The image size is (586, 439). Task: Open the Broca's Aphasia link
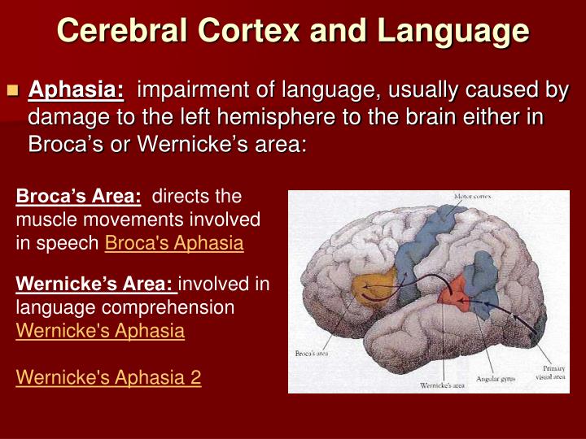coord(174,243)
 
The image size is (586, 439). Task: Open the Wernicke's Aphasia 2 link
coord(108,377)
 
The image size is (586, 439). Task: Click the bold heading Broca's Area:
coord(79,197)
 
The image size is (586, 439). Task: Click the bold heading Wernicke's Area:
coord(95,285)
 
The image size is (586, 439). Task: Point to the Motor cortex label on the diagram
coord(472,198)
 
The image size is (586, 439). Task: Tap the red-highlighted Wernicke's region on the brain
coord(453,291)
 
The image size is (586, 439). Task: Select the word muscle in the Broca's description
coord(42,220)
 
